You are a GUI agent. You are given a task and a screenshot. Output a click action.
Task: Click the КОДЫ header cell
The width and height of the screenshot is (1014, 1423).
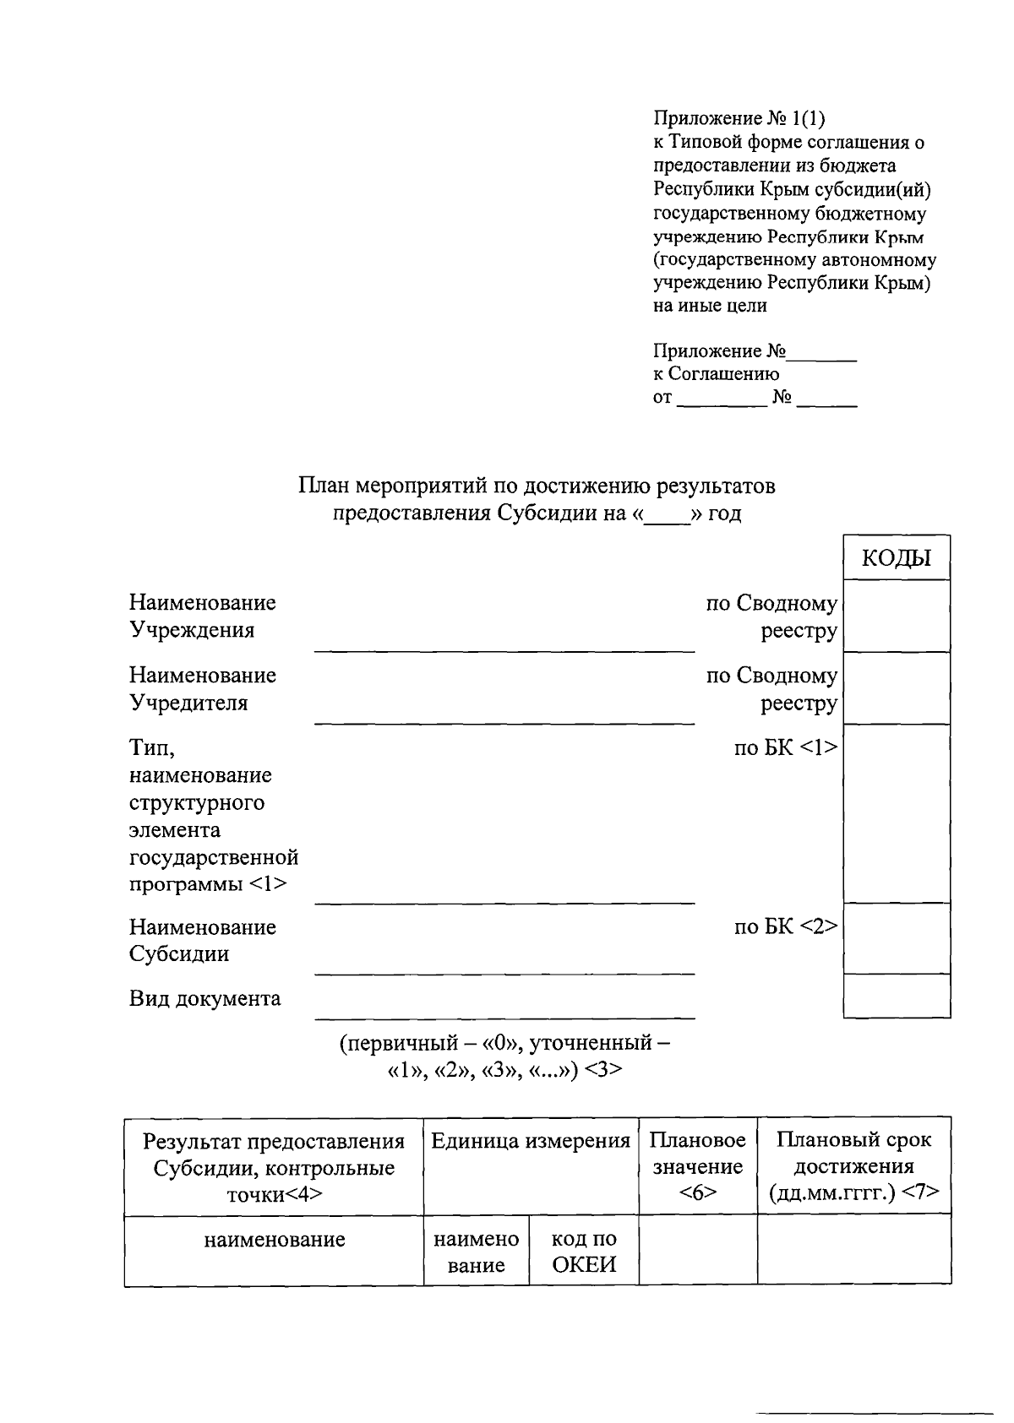click(896, 558)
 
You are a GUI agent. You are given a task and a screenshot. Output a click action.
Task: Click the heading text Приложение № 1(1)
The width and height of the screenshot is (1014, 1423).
click(739, 118)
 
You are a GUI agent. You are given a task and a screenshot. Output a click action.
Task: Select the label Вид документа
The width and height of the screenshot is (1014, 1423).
click(204, 998)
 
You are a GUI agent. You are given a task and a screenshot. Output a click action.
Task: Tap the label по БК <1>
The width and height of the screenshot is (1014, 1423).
click(785, 747)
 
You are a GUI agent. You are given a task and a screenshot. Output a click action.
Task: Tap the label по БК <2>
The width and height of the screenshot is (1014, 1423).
click(785, 926)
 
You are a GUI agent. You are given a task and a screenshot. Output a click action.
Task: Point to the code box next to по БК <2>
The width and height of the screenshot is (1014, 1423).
click(897, 937)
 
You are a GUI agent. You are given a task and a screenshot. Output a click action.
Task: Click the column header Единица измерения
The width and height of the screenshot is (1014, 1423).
click(531, 1141)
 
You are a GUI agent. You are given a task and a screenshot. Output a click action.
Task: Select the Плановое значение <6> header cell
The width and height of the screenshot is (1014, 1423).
click(697, 1166)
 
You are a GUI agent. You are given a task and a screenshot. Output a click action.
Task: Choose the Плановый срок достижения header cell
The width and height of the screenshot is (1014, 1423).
click(853, 1166)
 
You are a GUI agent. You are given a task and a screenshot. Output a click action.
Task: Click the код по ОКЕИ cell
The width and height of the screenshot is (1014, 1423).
click(584, 1252)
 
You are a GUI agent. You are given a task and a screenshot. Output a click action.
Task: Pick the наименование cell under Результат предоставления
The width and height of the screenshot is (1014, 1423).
click(274, 1240)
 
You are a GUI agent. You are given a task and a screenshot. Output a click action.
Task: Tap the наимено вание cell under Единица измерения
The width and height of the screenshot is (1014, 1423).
click(477, 1252)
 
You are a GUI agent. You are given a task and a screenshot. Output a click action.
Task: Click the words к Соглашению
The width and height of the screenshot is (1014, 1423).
click(716, 374)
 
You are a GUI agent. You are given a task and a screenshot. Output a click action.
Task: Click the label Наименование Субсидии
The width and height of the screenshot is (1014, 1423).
click(203, 940)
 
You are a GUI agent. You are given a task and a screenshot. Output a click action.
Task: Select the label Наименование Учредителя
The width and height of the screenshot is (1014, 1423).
click(203, 688)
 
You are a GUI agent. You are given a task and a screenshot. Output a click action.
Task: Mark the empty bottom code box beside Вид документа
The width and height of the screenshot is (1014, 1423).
click(897, 996)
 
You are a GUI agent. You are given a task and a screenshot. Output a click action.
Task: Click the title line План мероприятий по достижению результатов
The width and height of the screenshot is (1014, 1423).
click(536, 487)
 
